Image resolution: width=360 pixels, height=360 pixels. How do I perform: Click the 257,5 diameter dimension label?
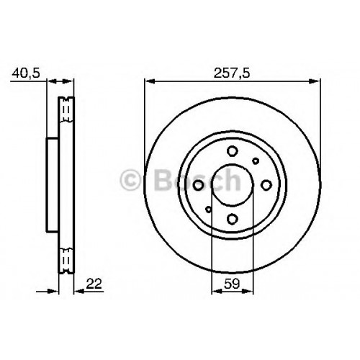tap(232, 73)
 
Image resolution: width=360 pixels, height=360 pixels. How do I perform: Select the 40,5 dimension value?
tap(26, 73)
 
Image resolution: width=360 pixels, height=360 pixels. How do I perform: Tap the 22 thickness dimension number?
tap(94, 284)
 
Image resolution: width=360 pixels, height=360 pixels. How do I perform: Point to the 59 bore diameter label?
tap(232, 284)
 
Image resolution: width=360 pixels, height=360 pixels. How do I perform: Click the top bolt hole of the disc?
tap(233, 151)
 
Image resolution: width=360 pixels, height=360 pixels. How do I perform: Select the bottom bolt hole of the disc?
tap(233, 219)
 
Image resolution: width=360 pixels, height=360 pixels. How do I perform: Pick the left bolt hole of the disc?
tap(199, 185)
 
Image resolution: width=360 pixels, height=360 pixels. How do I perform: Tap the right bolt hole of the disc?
tap(266, 185)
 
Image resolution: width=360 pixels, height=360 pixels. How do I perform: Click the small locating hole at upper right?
tap(256, 161)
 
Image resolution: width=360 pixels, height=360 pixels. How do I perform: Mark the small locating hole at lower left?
tap(209, 210)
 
